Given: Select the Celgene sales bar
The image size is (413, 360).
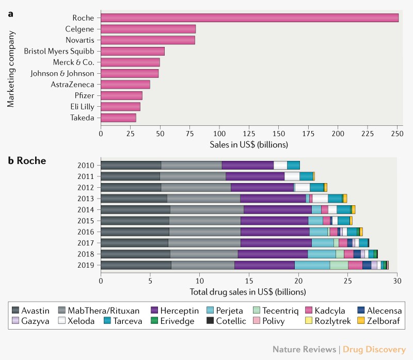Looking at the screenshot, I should [x=148, y=29].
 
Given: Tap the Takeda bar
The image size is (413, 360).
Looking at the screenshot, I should [x=118, y=118].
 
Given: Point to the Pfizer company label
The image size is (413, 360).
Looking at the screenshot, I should [x=84, y=95].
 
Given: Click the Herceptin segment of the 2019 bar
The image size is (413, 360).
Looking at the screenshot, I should [x=264, y=265].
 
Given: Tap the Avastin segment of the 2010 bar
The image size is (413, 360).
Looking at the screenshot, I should [x=131, y=165].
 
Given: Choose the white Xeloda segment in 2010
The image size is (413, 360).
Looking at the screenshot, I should [x=280, y=165].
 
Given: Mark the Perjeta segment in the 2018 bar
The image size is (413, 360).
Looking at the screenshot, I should [x=322, y=254].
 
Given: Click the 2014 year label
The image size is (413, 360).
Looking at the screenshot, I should [x=85, y=209].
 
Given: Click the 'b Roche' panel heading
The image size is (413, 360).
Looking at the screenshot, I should [x=27, y=160].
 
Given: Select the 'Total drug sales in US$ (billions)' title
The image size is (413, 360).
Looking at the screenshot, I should [x=249, y=292].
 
